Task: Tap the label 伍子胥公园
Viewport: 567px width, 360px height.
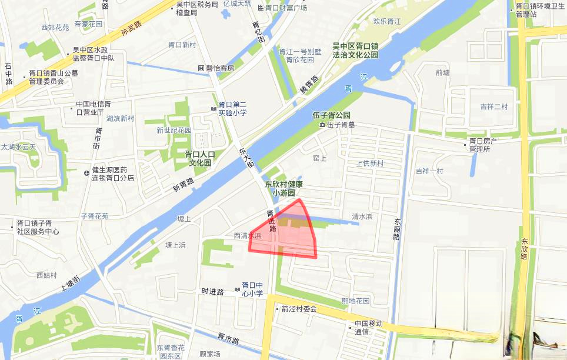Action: pyautogui.click(x=331, y=115)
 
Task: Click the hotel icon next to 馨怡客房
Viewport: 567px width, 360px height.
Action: pyautogui.click(x=201, y=68)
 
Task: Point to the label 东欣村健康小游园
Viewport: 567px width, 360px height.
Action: pyautogui.click(x=283, y=188)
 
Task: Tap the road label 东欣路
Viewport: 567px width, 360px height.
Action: pyautogui.click(x=523, y=249)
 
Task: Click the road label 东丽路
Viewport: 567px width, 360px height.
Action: pyautogui.click(x=397, y=229)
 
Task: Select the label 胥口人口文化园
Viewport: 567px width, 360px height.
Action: pyautogui.click(x=200, y=158)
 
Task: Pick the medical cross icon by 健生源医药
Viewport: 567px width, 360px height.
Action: pyautogui.click(x=87, y=173)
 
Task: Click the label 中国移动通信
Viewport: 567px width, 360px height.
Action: pyautogui.click(x=368, y=328)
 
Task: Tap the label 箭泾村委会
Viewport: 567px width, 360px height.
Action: pyautogui.click(x=299, y=309)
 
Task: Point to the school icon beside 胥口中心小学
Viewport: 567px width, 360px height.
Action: pyautogui.click(x=237, y=290)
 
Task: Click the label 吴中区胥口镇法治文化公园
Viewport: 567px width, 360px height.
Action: pyautogui.click(x=355, y=50)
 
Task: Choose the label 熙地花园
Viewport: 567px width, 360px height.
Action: pyautogui.click(x=356, y=301)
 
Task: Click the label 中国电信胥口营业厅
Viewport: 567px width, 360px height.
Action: pyautogui.click(x=89, y=108)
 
